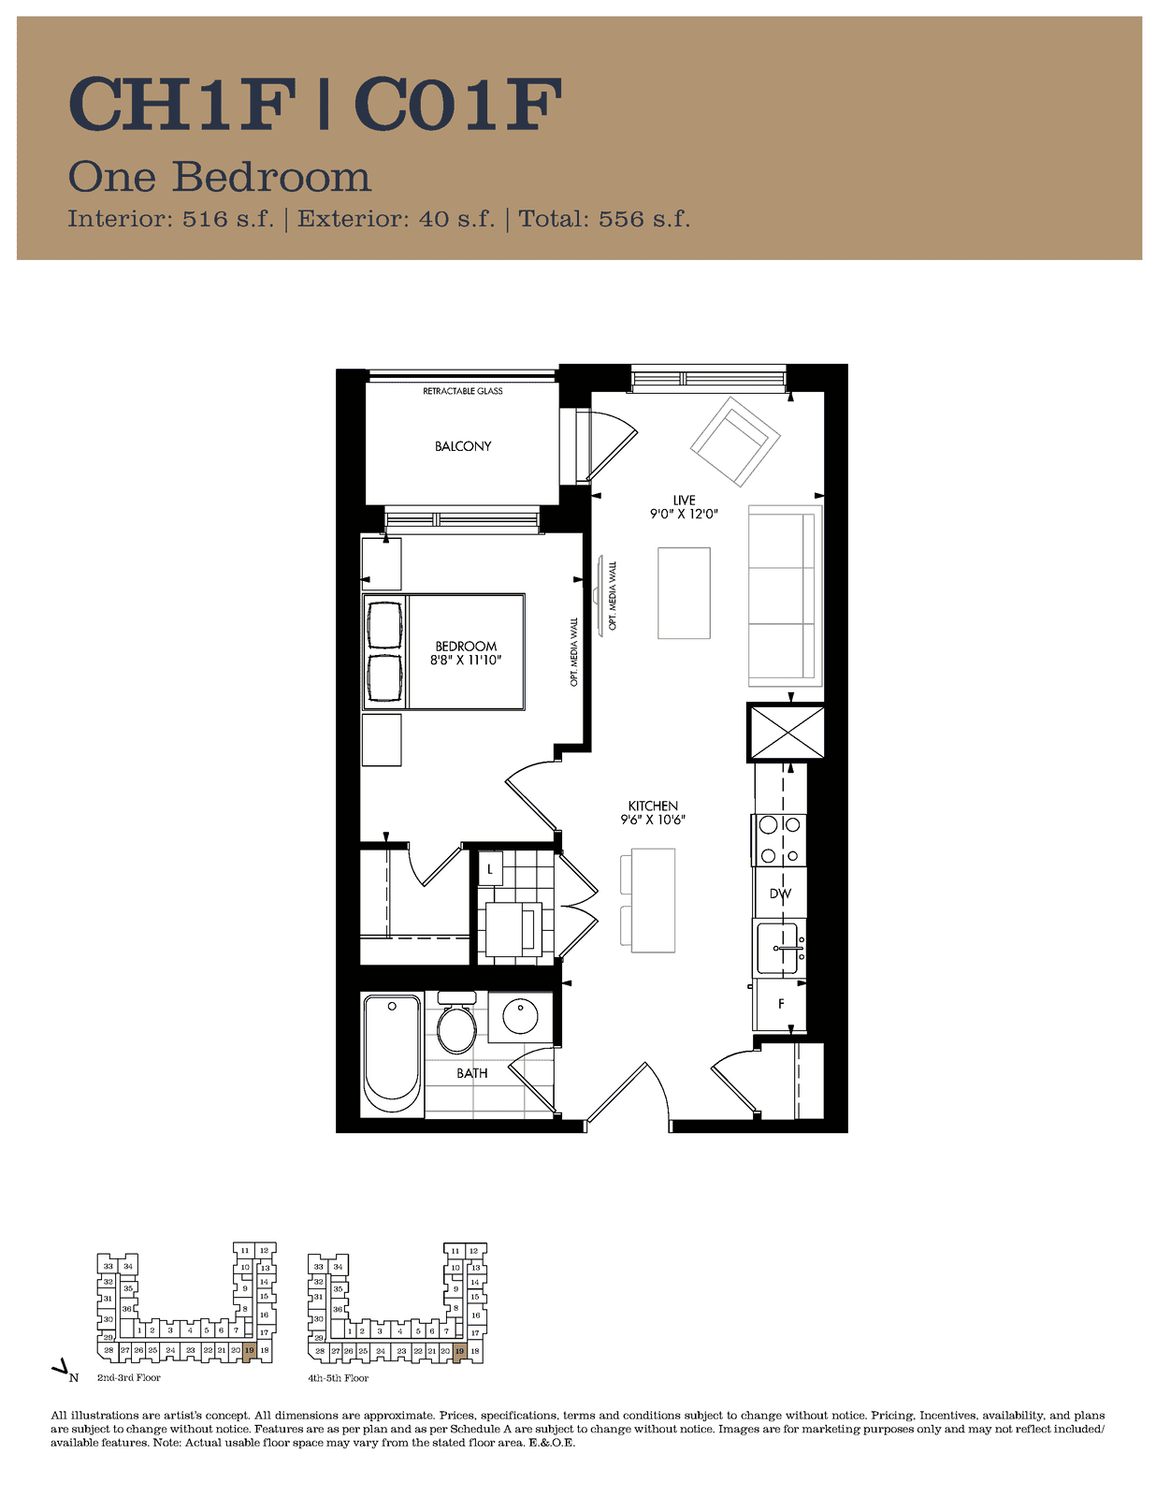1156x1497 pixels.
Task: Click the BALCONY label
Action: point(463,446)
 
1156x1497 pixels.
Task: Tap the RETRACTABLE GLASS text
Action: point(463,390)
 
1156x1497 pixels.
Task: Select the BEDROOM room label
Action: point(466,647)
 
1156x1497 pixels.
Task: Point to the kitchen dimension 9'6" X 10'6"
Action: point(653,820)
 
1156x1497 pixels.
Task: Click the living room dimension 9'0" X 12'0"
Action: point(684,514)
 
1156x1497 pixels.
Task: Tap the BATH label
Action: point(471,1073)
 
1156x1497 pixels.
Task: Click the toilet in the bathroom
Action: point(456,1023)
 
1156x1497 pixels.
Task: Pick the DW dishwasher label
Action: point(780,894)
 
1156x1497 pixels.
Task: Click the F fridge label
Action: point(781,1004)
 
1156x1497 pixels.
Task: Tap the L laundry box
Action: point(490,868)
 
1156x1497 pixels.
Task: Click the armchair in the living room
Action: point(735,442)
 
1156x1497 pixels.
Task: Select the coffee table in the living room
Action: point(684,593)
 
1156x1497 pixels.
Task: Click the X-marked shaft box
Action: point(786,733)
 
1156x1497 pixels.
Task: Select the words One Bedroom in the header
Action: point(220,177)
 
